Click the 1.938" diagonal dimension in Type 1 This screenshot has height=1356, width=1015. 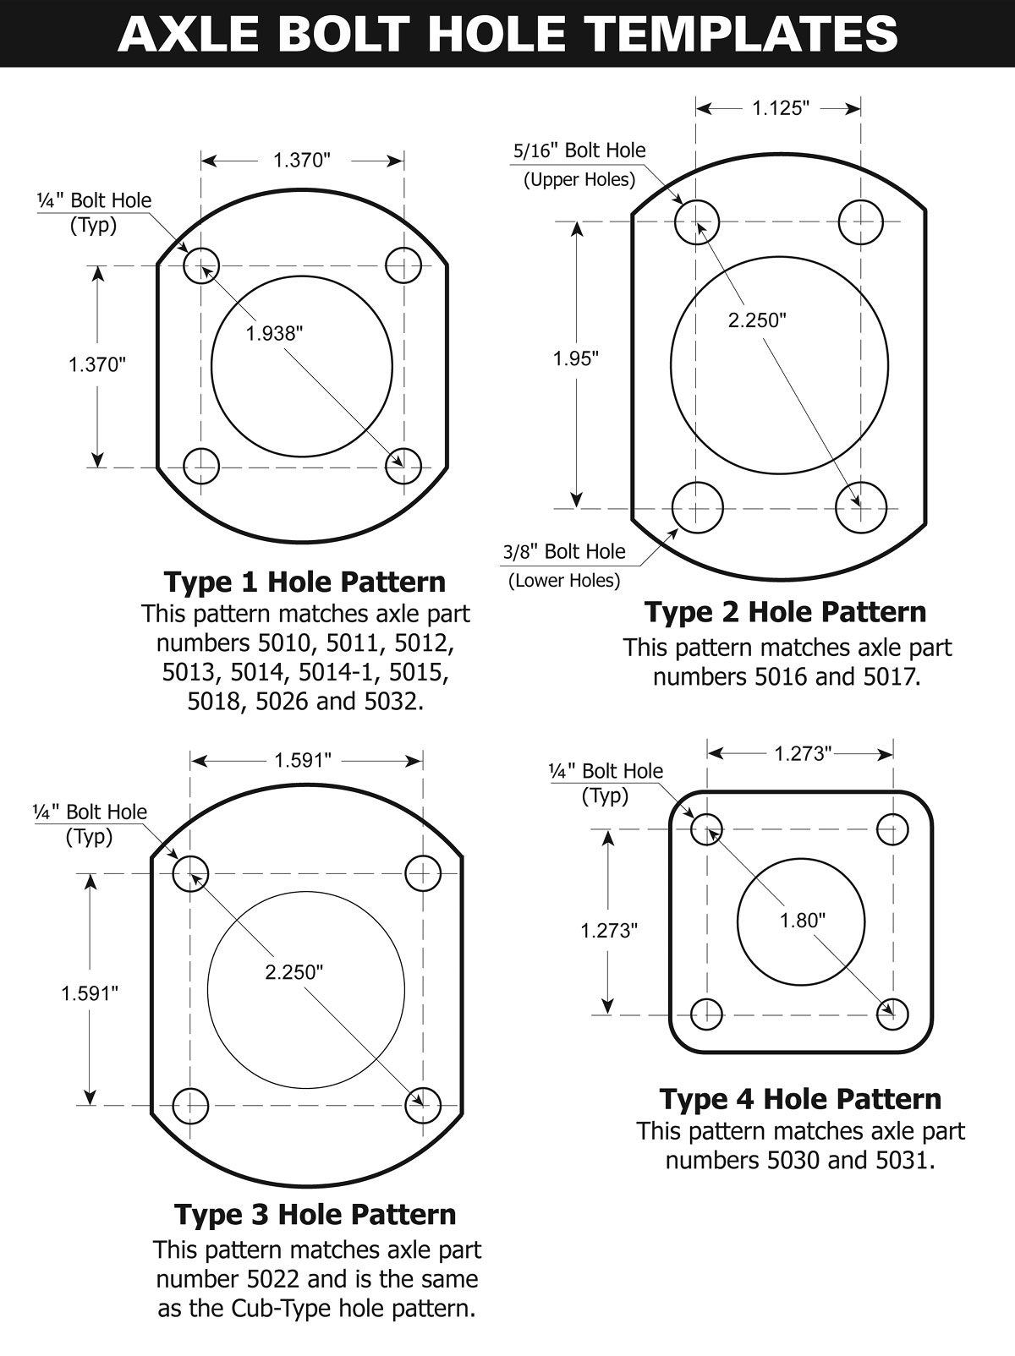click(274, 333)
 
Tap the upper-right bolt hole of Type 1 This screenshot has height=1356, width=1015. click(403, 265)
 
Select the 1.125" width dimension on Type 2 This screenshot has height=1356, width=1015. click(780, 108)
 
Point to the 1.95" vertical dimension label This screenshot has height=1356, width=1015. click(576, 358)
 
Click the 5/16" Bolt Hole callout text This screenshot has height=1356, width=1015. click(579, 150)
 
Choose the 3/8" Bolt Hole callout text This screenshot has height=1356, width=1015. click(563, 552)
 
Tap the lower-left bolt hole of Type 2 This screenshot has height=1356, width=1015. click(697, 508)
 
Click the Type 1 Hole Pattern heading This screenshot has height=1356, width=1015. click(304, 582)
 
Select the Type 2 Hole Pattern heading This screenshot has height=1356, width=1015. click(785, 611)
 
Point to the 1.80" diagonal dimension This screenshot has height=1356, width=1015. click(802, 921)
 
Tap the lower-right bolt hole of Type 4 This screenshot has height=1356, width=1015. click(892, 1013)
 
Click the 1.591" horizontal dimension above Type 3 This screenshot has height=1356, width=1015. click(302, 760)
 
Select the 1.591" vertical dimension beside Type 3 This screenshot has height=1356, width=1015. click(90, 993)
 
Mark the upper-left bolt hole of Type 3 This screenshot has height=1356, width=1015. click(190, 873)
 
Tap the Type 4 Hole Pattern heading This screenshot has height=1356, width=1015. click(799, 1098)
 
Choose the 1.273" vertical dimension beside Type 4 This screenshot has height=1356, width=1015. click(608, 931)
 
